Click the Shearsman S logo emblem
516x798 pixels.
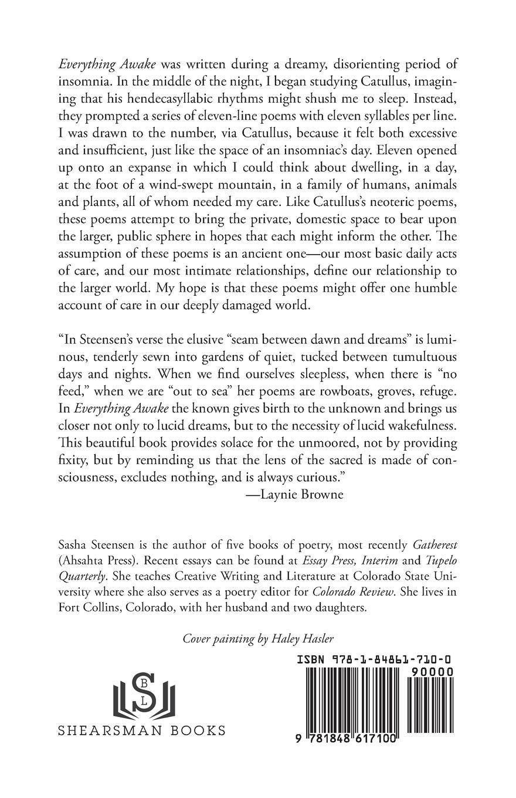pyautogui.click(x=141, y=692)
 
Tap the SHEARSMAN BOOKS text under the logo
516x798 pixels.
pyautogui.click(x=142, y=731)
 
